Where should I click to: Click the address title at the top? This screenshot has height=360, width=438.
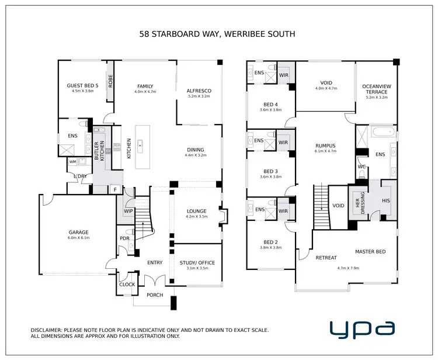(x=217, y=34)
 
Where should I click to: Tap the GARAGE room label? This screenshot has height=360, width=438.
(x=78, y=232)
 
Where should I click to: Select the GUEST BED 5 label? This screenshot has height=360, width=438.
(x=82, y=85)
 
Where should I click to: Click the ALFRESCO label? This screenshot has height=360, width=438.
(x=199, y=91)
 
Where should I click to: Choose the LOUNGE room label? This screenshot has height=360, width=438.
(x=196, y=210)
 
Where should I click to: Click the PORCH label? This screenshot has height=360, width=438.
(x=155, y=295)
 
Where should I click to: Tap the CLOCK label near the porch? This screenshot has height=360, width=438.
(x=127, y=285)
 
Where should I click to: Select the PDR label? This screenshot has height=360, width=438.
(x=124, y=238)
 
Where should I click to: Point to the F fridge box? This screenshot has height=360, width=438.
(x=115, y=189)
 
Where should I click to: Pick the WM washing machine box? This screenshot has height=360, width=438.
(x=72, y=162)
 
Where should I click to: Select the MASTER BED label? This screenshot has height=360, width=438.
(x=370, y=252)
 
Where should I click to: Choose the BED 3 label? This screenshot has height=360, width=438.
(x=270, y=171)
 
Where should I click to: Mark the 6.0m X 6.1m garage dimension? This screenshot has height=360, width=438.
(x=78, y=238)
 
